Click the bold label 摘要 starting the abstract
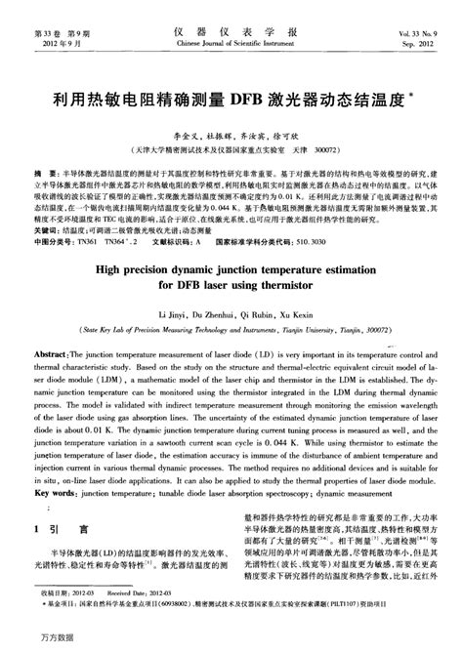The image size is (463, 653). pyautogui.click(x=42, y=171)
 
